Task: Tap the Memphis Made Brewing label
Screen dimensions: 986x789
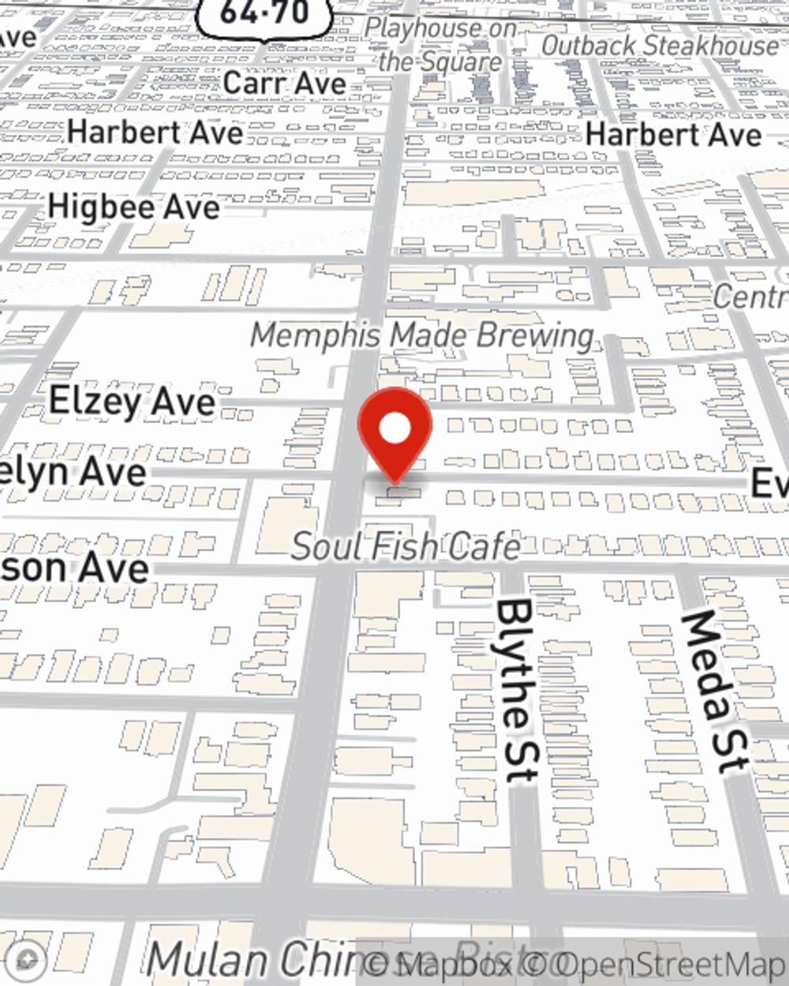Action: [x=422, y=336]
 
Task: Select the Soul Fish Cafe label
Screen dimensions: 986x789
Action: [x=406, y=547]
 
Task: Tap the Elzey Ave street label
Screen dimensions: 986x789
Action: [x=132, y=401]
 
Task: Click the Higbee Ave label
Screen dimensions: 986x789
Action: [x=133, y=207]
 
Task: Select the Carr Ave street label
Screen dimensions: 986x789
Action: [x=284, y=82]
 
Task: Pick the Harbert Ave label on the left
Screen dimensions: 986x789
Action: [x=155, y=132]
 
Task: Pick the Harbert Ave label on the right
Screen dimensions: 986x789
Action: [x=674, y=134]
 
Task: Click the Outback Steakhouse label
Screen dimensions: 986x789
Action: [x=660, y=46]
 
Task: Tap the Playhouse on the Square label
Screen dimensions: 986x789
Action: [x=440, y=45]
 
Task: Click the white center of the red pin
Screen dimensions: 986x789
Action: [x=395, y=428]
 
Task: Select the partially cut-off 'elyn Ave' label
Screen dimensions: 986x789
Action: [x=73, y=472]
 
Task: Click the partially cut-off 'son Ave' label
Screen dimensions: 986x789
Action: [x=74, y=568]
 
